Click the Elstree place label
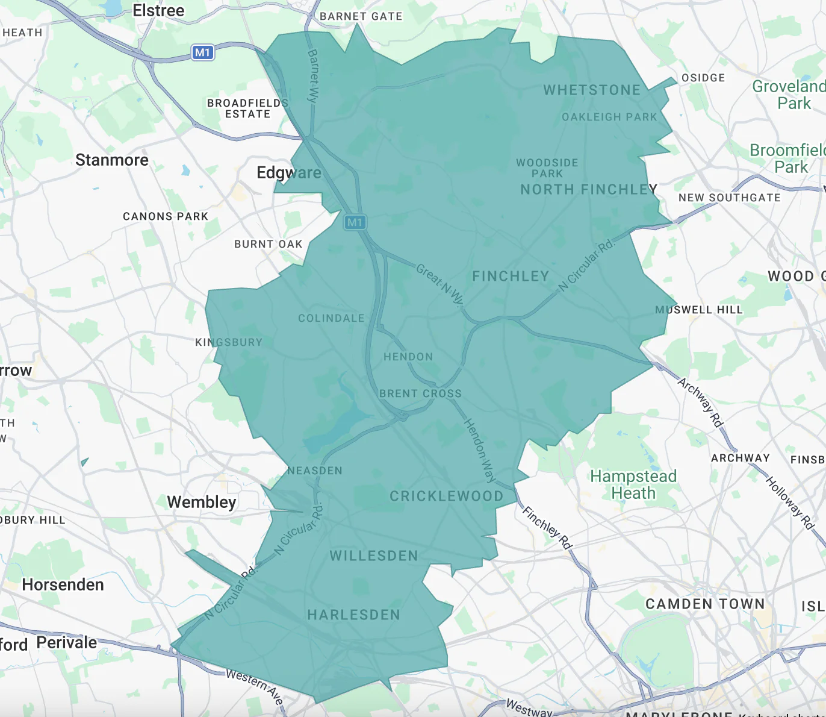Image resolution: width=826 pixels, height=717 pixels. point(158,11)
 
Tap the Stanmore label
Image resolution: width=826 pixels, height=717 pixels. point(112,160)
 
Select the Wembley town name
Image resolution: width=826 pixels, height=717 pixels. point(202,502)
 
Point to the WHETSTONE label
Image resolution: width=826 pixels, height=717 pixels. point(592,90)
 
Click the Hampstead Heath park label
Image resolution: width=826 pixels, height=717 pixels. point(633,485)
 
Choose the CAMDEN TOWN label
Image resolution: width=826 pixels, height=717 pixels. point(705,604)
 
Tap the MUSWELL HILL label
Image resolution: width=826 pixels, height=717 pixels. point(699,310)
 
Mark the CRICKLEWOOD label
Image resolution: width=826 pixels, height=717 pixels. point(446,496)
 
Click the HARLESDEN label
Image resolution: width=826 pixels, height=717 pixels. point(353,615)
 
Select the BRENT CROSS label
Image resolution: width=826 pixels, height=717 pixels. point(420,393)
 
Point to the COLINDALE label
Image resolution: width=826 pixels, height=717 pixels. point(331,318)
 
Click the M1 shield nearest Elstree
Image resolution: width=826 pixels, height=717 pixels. point(203,52)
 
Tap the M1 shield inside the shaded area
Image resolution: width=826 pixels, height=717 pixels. point(355,222)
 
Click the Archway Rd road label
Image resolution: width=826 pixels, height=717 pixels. point(700,402)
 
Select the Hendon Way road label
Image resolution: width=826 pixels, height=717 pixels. point(480,450)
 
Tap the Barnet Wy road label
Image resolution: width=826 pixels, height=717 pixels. point(313,76)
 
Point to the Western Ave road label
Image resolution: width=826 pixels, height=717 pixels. point(255,686)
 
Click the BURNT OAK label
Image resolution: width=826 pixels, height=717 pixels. point(268,244)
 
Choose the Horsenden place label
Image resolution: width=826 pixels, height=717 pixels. point(63,585)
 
